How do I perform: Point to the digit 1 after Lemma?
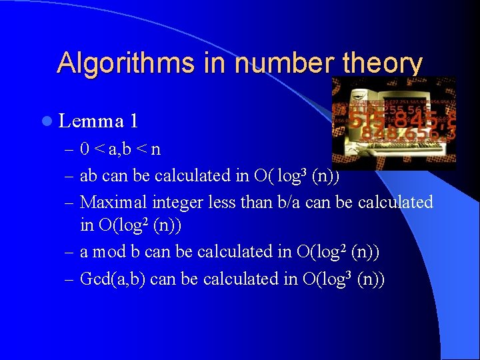click(134, 121)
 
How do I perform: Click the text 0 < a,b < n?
click(120, 149)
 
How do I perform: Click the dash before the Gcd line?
click(70, 279)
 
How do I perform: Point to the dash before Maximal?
click(70, 202)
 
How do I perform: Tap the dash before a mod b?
click(70, 253)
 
